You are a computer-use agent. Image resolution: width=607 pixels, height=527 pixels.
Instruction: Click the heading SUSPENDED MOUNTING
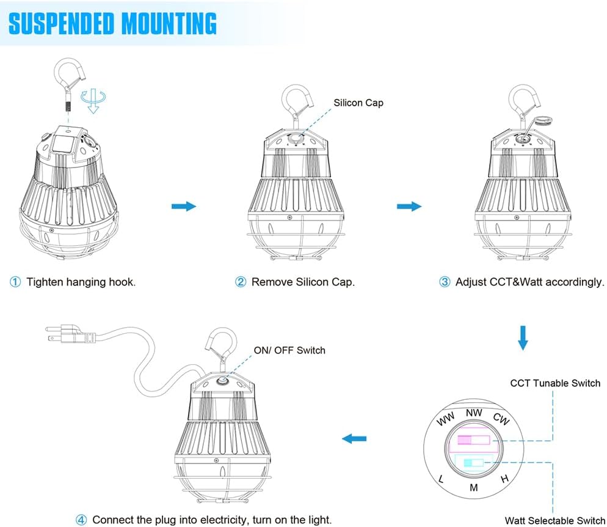pos(113,23)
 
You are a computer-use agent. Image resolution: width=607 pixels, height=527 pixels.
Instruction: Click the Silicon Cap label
pos(358,103)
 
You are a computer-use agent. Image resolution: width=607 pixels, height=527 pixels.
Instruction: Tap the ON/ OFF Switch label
pos(289,350)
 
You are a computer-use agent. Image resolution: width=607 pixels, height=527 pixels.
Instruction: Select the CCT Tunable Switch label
pos(555,383)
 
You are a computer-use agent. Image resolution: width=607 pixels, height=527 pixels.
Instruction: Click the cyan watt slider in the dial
pos(473,463)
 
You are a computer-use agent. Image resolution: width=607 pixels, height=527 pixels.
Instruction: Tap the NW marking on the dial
pos(474,413)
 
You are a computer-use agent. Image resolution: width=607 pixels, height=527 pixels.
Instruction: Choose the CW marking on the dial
pos(500,419)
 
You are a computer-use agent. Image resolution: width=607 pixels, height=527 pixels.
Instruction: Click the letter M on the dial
pos(473,487)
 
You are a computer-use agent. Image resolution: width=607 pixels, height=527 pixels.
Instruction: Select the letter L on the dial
pos(442,479)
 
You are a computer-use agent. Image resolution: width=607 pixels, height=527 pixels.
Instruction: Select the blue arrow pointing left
pos(354,438)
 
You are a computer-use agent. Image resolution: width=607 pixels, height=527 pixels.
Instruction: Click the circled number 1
pos(15,282)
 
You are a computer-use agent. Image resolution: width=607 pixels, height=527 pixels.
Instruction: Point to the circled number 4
pos(81,520)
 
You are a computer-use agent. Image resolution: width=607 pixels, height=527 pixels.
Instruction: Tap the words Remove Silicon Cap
pos(303,282)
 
